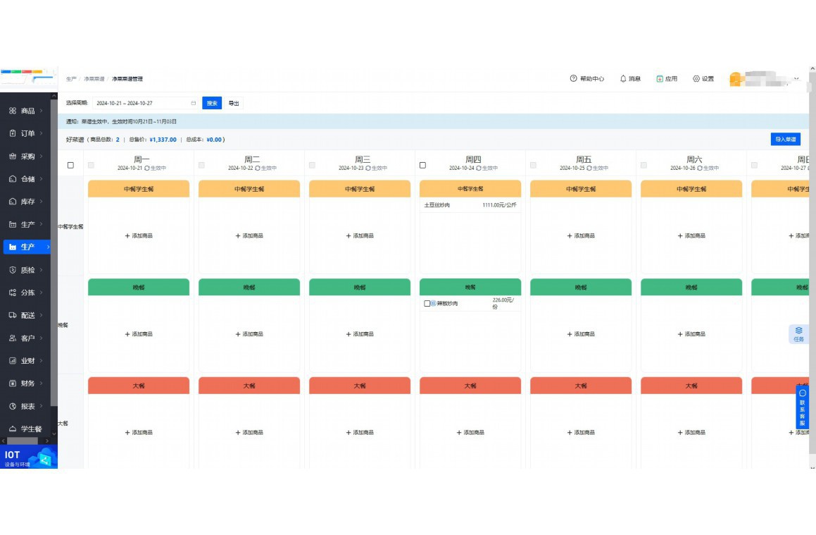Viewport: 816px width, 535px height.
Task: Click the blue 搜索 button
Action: click(212, 103)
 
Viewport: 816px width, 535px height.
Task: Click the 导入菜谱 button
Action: click(785, 140)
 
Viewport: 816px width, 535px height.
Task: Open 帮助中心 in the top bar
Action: click(587, 79)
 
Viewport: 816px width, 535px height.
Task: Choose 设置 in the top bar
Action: click(703, 79)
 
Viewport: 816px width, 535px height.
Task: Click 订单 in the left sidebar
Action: click(27, 133)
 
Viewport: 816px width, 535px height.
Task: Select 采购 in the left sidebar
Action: click(27, 156)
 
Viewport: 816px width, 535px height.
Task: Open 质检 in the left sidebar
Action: click(27, 270)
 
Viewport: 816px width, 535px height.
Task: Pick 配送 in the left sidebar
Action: click(27, 315)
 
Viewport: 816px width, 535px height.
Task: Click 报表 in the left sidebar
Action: click(27, 406)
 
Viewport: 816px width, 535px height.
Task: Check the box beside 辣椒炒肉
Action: click(427, 304)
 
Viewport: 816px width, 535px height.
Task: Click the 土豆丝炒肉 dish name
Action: click(437, 205)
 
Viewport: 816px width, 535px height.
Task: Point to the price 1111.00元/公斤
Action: click(499, 205)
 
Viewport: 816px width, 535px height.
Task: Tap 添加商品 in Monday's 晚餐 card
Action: click(139, 334)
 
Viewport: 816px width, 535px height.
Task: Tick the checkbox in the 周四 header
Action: click(422, 166)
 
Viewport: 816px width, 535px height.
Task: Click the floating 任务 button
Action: click(798, 334)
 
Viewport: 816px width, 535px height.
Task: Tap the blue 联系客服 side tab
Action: click(803, 407)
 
